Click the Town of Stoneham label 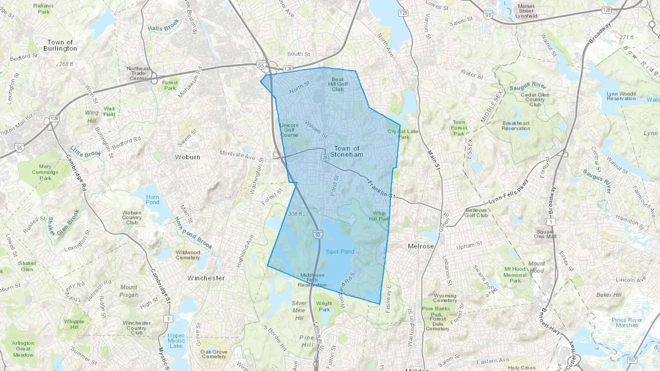(346, 151)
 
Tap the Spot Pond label (340, 252)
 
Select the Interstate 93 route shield (318, 234)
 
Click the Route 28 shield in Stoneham (325, 157)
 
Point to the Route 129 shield (403, 13)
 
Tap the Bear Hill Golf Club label (338, 84)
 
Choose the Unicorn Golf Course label (289, 130)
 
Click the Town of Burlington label (60, 45)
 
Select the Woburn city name (187, 157)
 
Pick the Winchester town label (206, 278)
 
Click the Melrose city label (421, 246)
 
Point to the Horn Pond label (153, 200)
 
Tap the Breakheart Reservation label (516, 126)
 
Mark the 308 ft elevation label (295, 214)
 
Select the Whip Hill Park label (379, 216)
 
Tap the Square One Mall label (545, 234)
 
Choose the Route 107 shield (632, 360)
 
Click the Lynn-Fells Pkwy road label (509, 197)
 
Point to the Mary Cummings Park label (45, 172)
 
